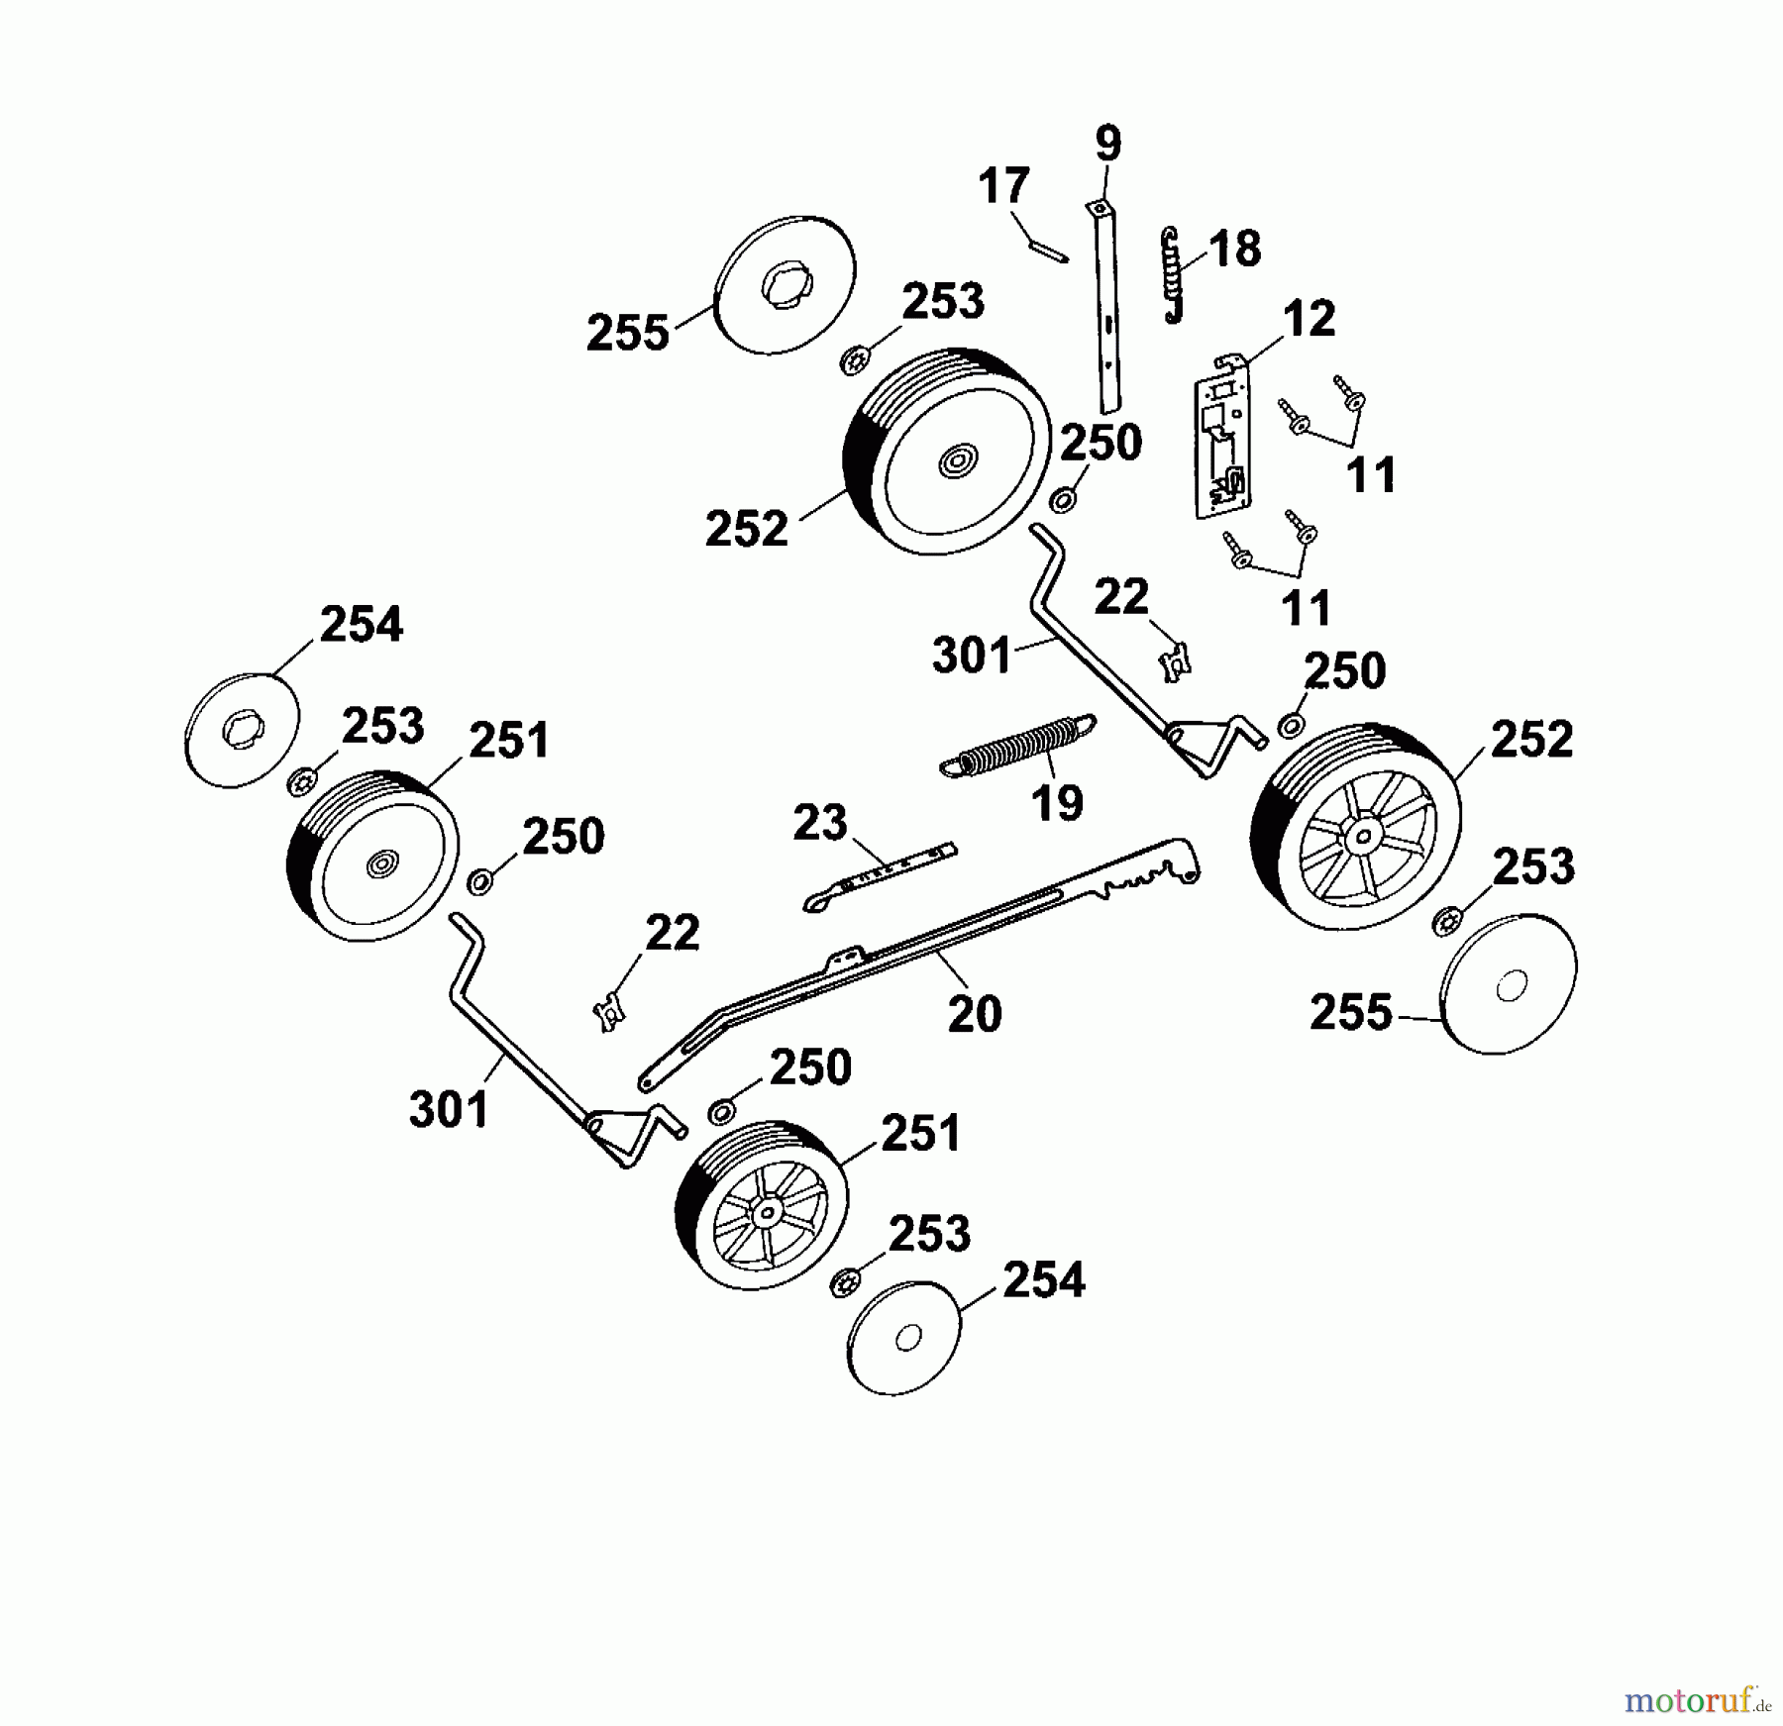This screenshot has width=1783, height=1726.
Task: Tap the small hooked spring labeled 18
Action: tap(1174, 274)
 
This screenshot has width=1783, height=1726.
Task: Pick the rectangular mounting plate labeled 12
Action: tap(1222, 435)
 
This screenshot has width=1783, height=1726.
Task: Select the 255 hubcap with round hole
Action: tap(1509, 984)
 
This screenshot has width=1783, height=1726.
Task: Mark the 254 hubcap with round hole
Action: tap(905, 1340)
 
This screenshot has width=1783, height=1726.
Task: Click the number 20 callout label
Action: tap(975, 1013)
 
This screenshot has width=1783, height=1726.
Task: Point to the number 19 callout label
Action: tap(1057, 803)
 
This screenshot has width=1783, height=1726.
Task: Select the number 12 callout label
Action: tap(1310, 319)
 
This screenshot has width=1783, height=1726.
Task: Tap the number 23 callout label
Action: tap(820, 823)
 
